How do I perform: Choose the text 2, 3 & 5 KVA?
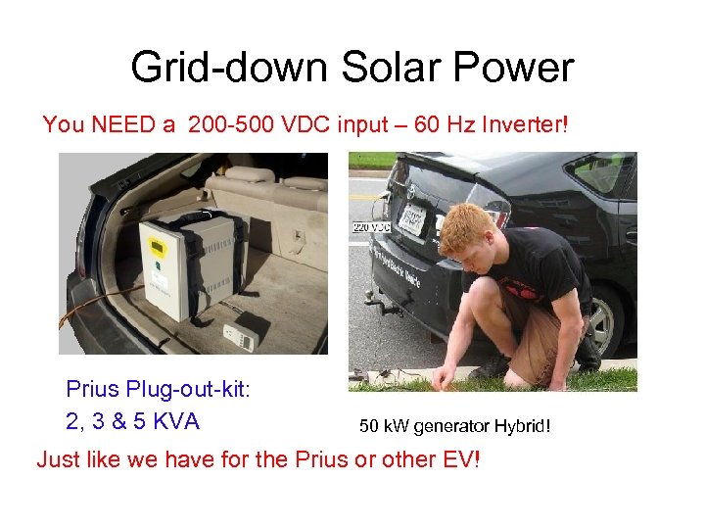132,421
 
